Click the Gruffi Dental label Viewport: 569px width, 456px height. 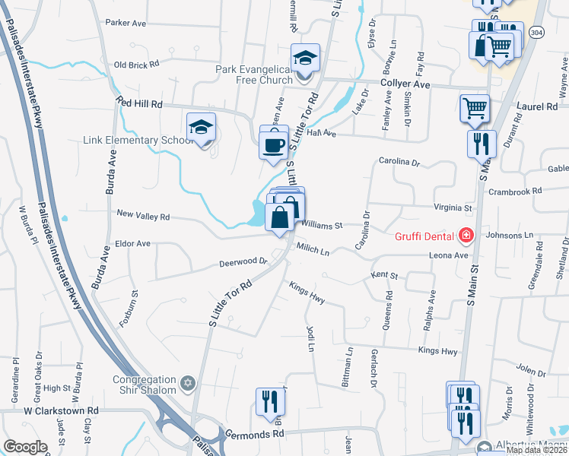(x=423, y=236)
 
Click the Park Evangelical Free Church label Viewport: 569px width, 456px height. (x=253, y=74)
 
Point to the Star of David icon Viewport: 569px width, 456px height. (x=189, y=381)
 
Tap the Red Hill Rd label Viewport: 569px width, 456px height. (x=139, y=103)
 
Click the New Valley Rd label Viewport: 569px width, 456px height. (x=142, y=217)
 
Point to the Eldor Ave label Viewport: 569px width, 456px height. (x=132, y=244)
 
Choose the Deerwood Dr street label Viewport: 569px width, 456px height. (x=243, y=262)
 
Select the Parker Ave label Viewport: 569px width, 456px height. (x=126, y=24)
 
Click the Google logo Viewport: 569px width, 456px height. (x=25, y=447)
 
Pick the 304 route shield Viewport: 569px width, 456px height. (x=537, y=33)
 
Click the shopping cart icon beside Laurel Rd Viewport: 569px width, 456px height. (x=475, y=109)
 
